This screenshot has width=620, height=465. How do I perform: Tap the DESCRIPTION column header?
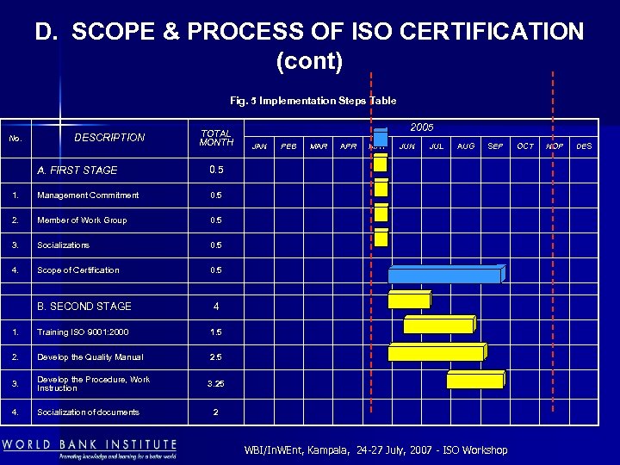[x=109, y=138]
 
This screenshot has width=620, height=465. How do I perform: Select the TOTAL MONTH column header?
[x=215, y=139]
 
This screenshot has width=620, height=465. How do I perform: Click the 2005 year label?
[x=422, y=127]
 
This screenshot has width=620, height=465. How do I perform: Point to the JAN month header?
[x=259, y=146]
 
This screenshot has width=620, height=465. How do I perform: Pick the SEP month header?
[x=495, y=146]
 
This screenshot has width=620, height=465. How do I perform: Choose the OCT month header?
[x=525, y=146]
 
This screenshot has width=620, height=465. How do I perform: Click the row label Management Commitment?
[x=88, y=195]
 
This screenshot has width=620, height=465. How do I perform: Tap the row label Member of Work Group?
[x=82, y=220]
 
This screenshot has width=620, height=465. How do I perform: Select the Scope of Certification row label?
[x=78, y=270]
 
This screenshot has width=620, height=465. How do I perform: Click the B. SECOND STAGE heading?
[x=84, y=307]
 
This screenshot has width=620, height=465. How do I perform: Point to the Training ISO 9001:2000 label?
[x=84, y=332]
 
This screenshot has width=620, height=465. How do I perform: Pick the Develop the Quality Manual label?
[x=90, y=357]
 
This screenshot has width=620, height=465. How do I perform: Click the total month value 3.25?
[x=215, y=383]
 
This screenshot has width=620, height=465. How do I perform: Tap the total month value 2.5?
[x=215, y=357]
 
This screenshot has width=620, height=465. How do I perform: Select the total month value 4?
[x=215, y=307]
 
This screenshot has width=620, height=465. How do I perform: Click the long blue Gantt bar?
[x=444, y=276]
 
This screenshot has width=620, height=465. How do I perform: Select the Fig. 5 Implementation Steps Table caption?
[x=313, y=101]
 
